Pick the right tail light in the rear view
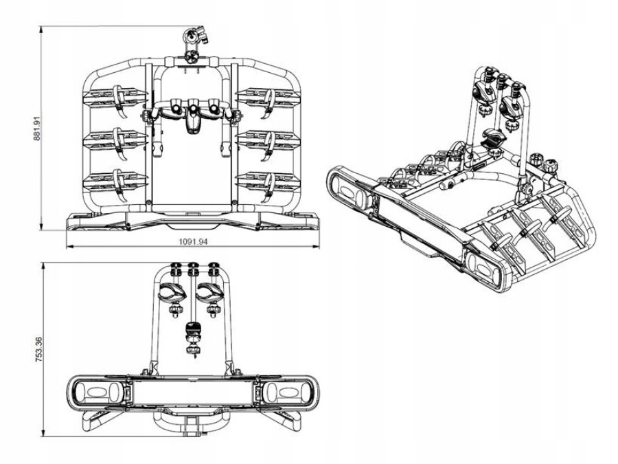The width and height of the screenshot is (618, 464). click(284, 395)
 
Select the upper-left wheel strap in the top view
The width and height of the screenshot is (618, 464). click(119, 96)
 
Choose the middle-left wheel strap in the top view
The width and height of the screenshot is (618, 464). click(119, 140)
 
